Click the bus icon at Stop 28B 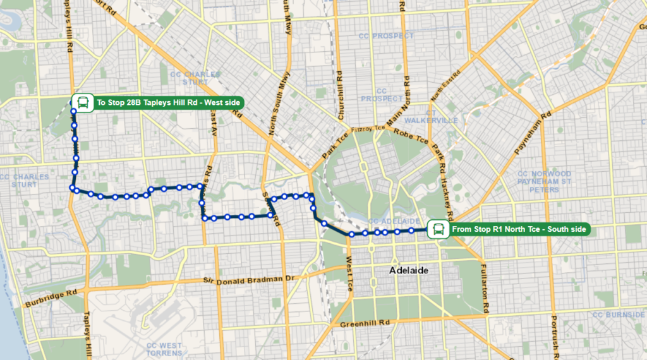pyautogui.click(x=82, y=102)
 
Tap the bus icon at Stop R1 pyautogui.click(x=437, y=229)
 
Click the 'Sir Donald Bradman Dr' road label pyautogui.click(x=250, y=279)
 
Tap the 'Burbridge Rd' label pyautogui.click(x=51, y=297)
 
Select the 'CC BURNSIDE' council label pyautogui.click(x=617, y=315)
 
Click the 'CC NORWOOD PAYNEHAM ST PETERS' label pyautogui.click(x=544, y=181)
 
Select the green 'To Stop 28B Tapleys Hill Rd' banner pyautogui.click(x=167, y=102)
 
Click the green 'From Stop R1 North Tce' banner pyautogui.click(x=519, y=229)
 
